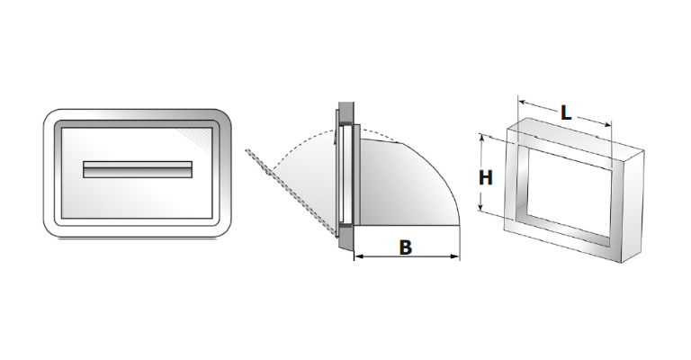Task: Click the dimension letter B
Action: pos(406,247)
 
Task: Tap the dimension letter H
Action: pos(486,178)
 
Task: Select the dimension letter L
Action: pos(566,113)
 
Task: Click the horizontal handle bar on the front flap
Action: pos(138,169)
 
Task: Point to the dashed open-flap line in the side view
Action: pos(292,193)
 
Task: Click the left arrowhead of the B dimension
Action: pos(359,256)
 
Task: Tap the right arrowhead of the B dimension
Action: pos(455,256)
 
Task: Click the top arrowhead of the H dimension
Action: pos(482,139)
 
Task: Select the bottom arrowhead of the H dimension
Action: pos(482,207)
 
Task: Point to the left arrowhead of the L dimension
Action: pos(523,103)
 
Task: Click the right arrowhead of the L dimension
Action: pos(606,123)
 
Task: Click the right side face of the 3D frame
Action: pos(633,206)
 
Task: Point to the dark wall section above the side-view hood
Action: pos(345,113)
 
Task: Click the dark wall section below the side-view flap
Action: pos(345,241)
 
